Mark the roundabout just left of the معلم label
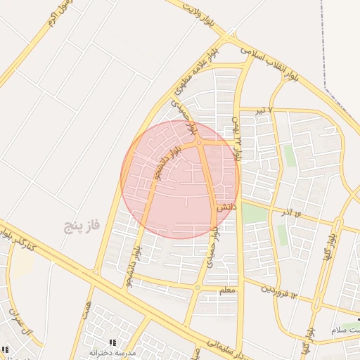198,287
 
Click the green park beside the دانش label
255,213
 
